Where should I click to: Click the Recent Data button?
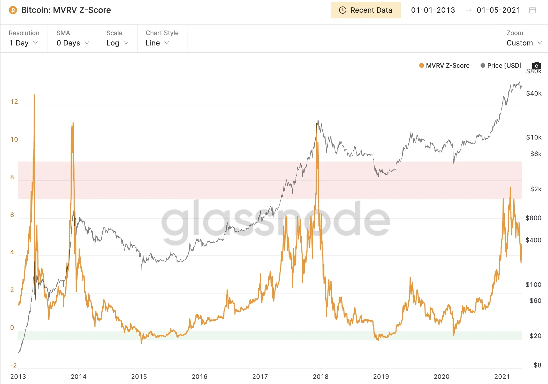click(366, 10)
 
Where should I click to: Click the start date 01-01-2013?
click(433, 10)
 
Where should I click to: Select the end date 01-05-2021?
click(498, 10)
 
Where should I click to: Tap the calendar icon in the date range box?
click(532, 10)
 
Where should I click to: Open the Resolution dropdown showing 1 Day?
click(24, 43)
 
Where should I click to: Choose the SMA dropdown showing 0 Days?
click(73, 43)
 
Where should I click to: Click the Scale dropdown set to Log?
click(117, 43)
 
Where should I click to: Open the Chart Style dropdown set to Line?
click(157, 43)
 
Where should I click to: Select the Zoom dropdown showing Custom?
click(524, 43)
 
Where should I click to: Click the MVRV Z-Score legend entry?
click(444, 66)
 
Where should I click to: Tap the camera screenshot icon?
click(537, 66)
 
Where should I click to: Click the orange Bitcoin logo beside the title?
click(13, 10)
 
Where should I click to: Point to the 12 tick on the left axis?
click(14, 102)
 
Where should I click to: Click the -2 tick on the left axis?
click(13, 365)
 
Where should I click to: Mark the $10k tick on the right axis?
click(534, 137)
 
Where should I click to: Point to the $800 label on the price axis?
click(533, 218)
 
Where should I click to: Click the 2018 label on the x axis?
click(321, 377)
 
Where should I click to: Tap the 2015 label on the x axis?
click(139, 377)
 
